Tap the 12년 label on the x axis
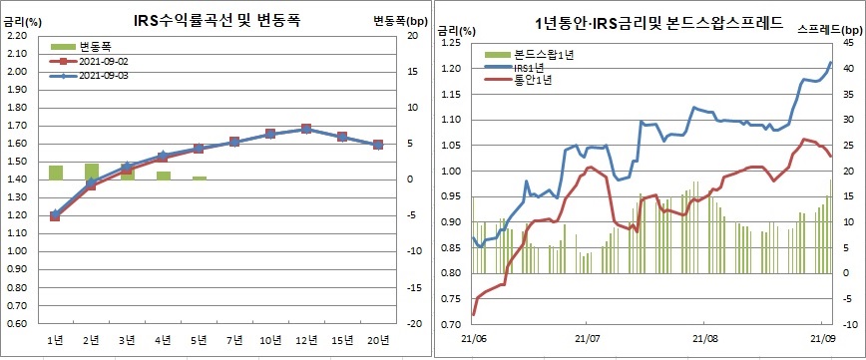tap(306, 342)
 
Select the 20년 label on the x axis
tap(377, 342)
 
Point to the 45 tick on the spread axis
tap(848, 44)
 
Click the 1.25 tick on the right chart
tap(450, 44)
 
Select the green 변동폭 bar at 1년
tap(56, 173)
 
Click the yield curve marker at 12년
tap(306, 129)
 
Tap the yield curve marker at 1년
tap(56, 214)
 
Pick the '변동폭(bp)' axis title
tap(395, 20)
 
